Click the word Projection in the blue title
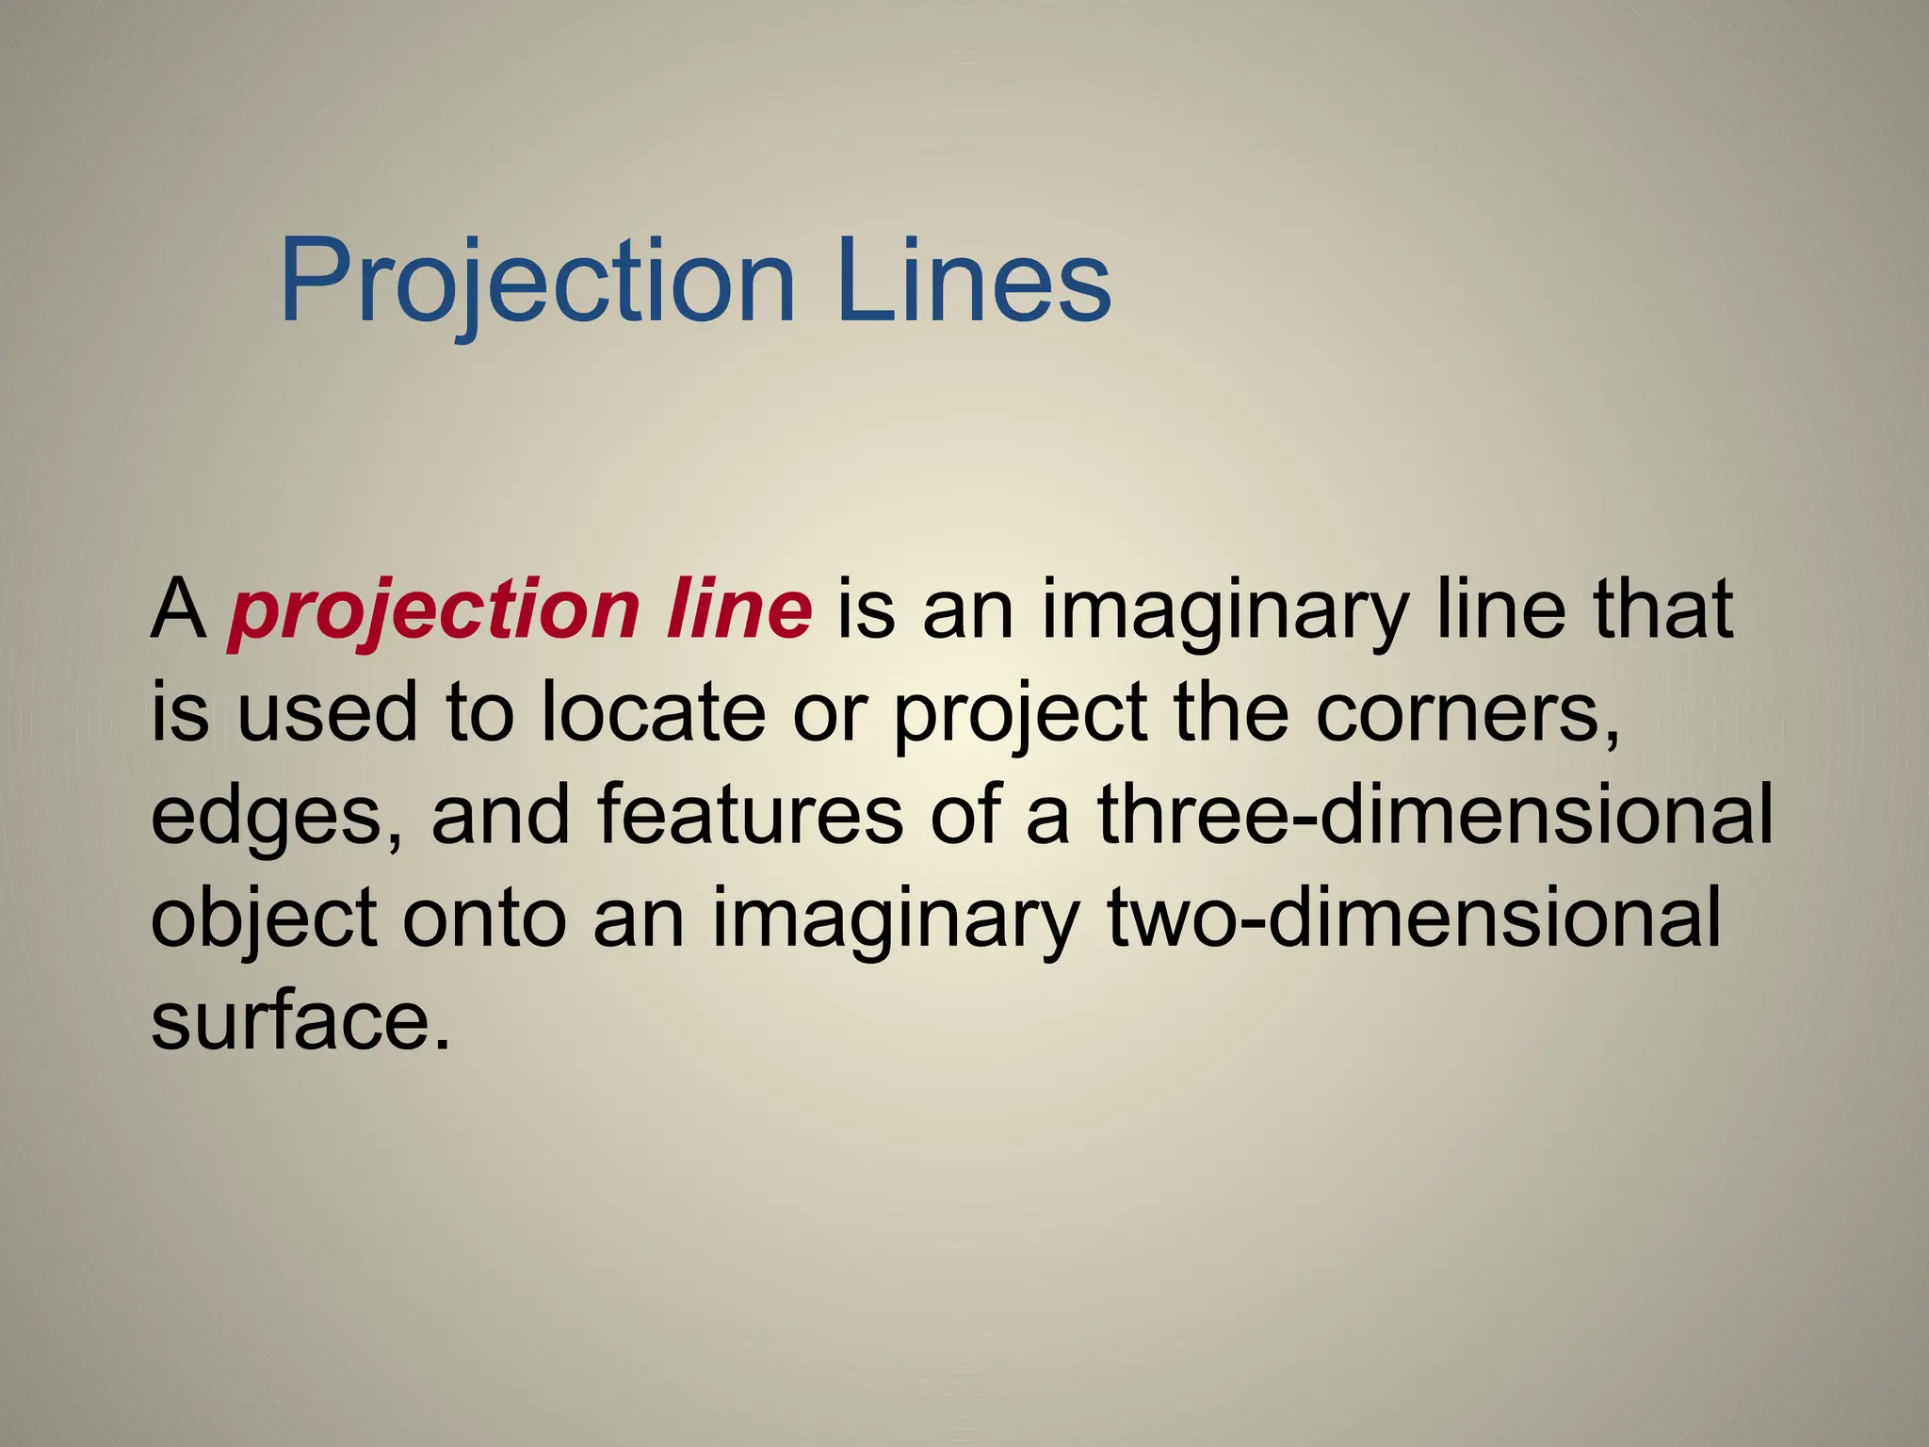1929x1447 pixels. point(538,281)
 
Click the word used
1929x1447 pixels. point(326,712)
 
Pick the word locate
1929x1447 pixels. point(654,712)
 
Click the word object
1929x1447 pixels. point(264,919)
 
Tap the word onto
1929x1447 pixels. point(484,919)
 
